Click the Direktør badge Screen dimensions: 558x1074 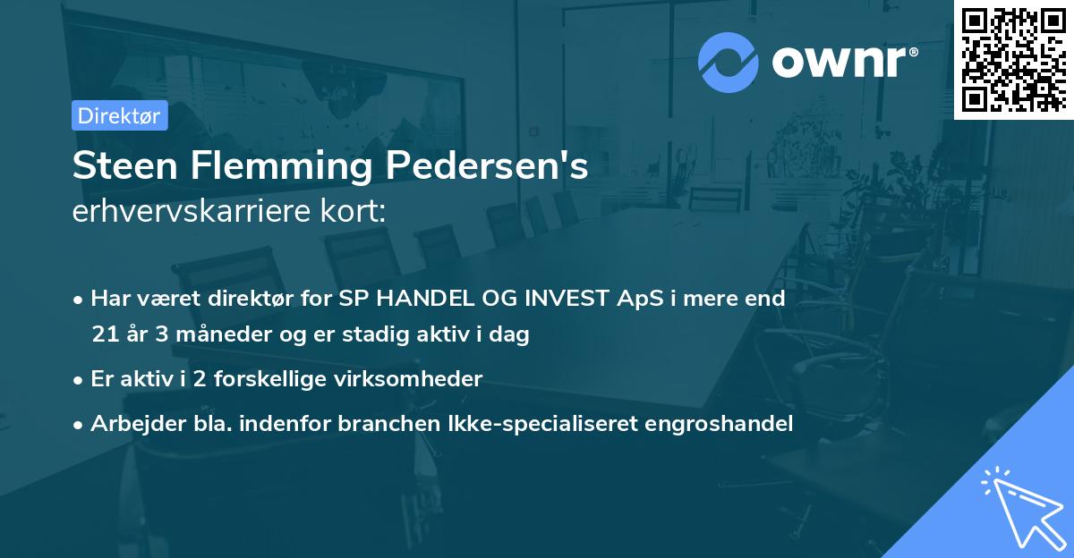pos(120,115)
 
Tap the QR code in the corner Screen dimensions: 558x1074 pos(1013,59)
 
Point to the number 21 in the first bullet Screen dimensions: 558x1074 pos(103,335)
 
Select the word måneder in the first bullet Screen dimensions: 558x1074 pos(208,335)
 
